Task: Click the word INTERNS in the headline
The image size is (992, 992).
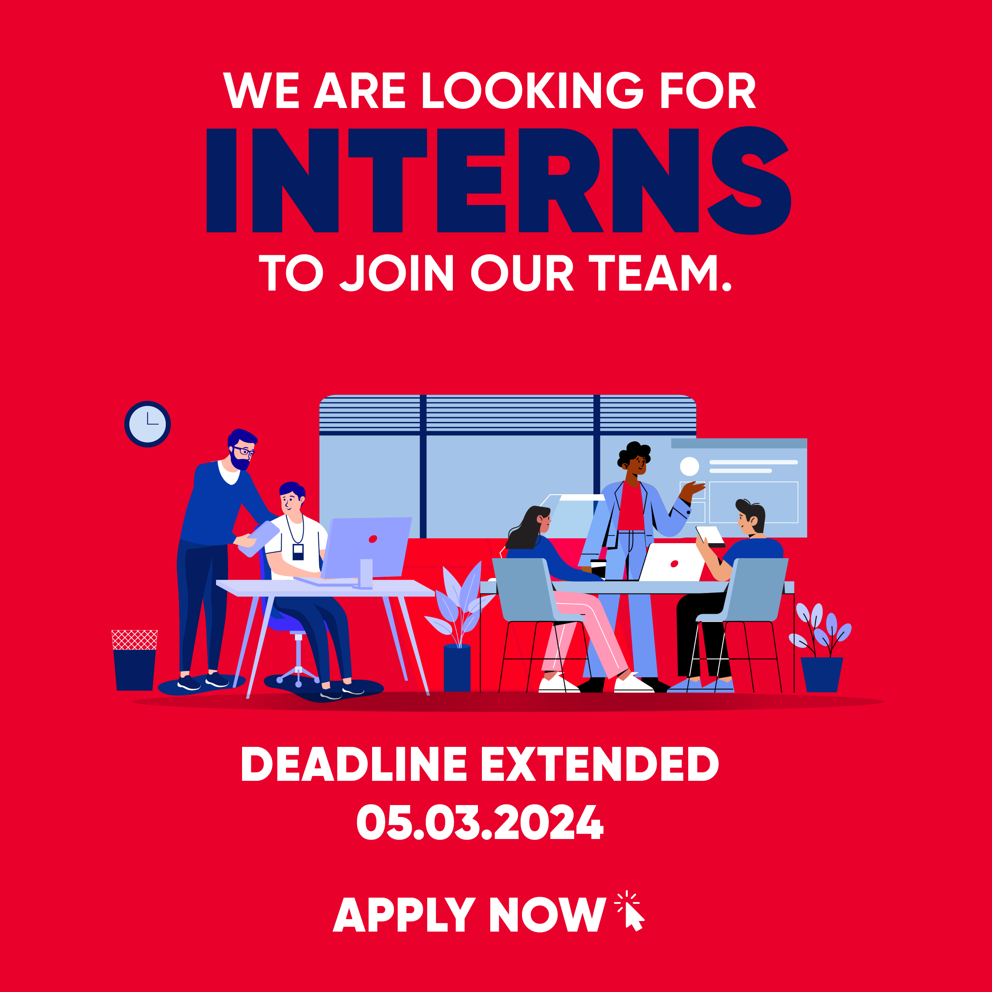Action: pyautogui.click(x=498, y=180)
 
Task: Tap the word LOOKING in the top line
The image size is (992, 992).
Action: pyautogui.click(x=532, y=90)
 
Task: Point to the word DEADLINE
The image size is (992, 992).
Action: pyautogui.click(x=353, y=764)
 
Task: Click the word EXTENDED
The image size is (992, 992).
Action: pyautogui.click(x=600, y=764)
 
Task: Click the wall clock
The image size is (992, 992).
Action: pyautogui.click(x=147, y=424)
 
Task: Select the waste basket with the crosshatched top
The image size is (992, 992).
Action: pyautogui.click(x=134, y=660)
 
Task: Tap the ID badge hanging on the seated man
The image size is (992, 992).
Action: pyautogui.click(x=298, y=552)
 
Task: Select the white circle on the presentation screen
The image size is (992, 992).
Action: pyautogui.click(x=689, y=466)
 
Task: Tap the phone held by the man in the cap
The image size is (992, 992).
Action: pyautogui.click(x=711, y=536)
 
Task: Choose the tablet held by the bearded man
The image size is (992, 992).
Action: pyautogui.click(x=259, y=539)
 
